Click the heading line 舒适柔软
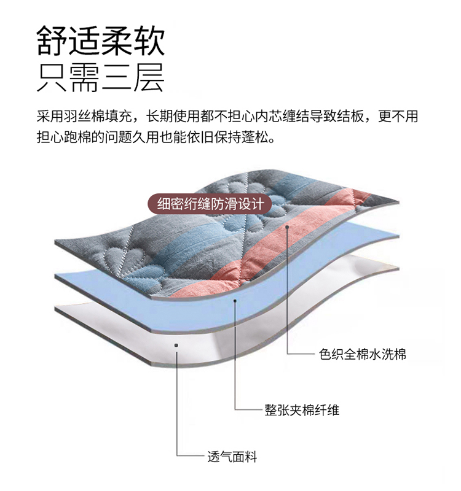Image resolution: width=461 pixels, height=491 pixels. pyautogui.click(x=101, y=41)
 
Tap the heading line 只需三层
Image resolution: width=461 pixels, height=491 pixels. pyautogui.click(x=101, y=78)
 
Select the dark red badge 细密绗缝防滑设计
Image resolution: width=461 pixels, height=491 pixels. pyautogui.click(x=210, y=204)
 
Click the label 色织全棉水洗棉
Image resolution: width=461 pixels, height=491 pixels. pyautogui.click(x=363, y=355)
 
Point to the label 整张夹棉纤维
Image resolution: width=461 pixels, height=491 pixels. pyautogui.click(x=302, y=410)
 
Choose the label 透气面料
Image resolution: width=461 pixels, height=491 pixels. pyautogui.click(x=232, y=457)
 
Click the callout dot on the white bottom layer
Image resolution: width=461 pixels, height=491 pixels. pyautogui.click(x=176, y=345)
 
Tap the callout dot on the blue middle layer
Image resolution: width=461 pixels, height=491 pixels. pyautogui.click(x=235, y=301)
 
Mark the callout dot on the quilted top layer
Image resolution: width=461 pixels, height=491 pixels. pyautogui.click(x=287, y=226)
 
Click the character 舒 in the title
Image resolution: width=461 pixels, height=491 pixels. pyautogui.click(x=52, y=41)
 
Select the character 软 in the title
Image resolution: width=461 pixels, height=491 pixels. pyautogui.click(x=149, y=41)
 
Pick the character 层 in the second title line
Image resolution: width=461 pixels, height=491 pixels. pyautogui.click(x=149, y=78)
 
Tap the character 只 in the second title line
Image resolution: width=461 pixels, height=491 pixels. pyautogui.click(x=52, y=78)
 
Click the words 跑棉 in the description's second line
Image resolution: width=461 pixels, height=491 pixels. pyautogui.click(x=77, y=137)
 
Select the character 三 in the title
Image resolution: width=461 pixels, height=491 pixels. pyautogui.click(x=117, y=78)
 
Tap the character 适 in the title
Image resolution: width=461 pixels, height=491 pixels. pyautogui.click(x=84, y=41)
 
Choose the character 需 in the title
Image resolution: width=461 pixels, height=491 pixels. pyautogui.click(x=84, y=78)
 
